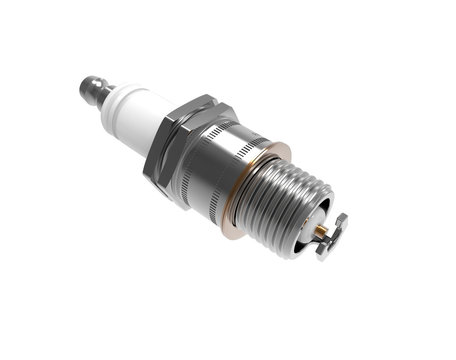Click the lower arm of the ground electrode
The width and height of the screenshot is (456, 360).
326,249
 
